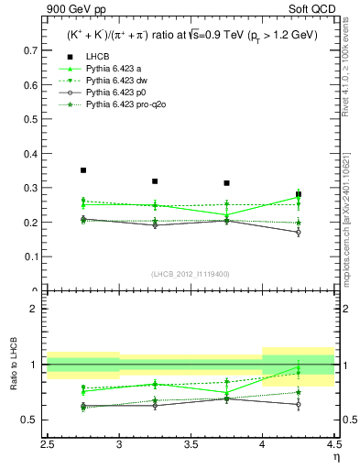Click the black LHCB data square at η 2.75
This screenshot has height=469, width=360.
tap(83, 170)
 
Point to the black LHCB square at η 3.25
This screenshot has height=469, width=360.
tap(155, 181)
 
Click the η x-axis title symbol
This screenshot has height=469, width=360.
tap(335, 456)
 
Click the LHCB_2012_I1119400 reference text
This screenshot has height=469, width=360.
tap(191, 274)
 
